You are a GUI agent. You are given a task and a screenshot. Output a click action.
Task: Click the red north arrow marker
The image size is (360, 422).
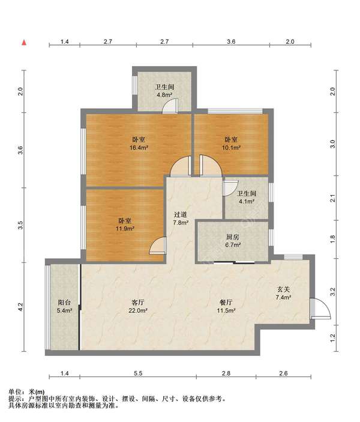(24, 42)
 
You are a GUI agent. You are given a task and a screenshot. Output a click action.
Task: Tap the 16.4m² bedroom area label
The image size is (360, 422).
(139, 148)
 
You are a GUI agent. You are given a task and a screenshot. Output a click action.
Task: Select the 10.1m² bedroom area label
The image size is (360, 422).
(231, 148)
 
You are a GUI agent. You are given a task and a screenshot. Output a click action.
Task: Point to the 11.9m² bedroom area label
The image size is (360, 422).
(125, 229)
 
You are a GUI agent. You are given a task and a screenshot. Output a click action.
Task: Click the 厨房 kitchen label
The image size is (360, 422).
(232, 237)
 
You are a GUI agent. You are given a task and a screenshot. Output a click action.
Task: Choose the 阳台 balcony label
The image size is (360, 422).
(64, 303)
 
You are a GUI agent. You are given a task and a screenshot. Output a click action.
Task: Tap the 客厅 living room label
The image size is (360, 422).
(138, 303)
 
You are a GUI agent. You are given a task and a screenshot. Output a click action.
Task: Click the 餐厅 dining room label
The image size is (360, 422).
(226, 303)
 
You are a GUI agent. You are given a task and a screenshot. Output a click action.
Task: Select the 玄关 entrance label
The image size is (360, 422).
(284, 289)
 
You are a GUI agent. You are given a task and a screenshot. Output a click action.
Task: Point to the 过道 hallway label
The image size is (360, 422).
(180, 214)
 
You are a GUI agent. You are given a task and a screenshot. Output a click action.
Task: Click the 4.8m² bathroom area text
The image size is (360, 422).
(164, 95)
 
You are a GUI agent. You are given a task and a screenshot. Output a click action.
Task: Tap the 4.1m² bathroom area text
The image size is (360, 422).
(247, 201)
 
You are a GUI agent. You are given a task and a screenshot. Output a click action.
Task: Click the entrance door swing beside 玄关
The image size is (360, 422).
(320, 309)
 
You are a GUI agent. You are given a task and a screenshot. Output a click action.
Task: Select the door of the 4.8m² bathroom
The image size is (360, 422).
(170, 106)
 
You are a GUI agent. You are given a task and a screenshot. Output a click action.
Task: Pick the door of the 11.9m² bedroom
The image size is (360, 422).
(158, 246)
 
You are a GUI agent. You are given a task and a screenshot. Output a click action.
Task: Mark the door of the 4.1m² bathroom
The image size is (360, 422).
(230, 188)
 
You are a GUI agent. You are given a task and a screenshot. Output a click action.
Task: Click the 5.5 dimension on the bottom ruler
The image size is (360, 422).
(138, 373)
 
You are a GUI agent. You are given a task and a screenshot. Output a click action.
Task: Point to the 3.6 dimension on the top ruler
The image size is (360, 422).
(231, 41)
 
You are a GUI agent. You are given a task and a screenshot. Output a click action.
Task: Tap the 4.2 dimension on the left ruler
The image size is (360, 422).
(20, 307)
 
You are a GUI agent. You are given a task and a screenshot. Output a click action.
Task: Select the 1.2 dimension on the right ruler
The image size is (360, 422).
(332, 338)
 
